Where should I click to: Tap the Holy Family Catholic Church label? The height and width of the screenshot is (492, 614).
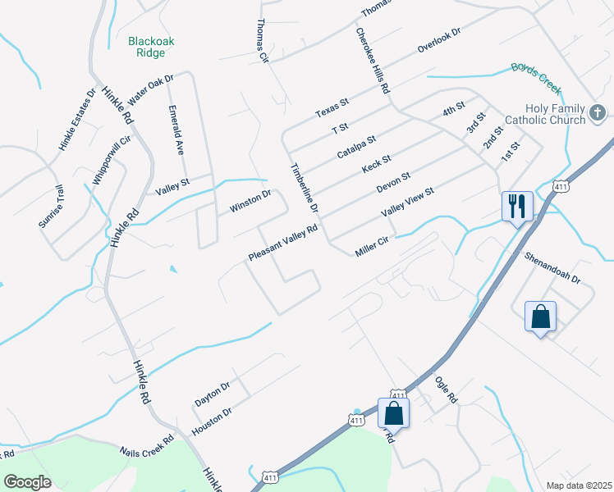557,114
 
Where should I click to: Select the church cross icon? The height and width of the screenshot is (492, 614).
598,112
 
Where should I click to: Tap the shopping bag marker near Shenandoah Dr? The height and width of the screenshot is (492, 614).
541,317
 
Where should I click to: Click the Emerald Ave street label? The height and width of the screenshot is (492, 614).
176,130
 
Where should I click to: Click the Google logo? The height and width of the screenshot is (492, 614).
28,482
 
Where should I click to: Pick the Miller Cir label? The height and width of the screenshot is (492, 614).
375,245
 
